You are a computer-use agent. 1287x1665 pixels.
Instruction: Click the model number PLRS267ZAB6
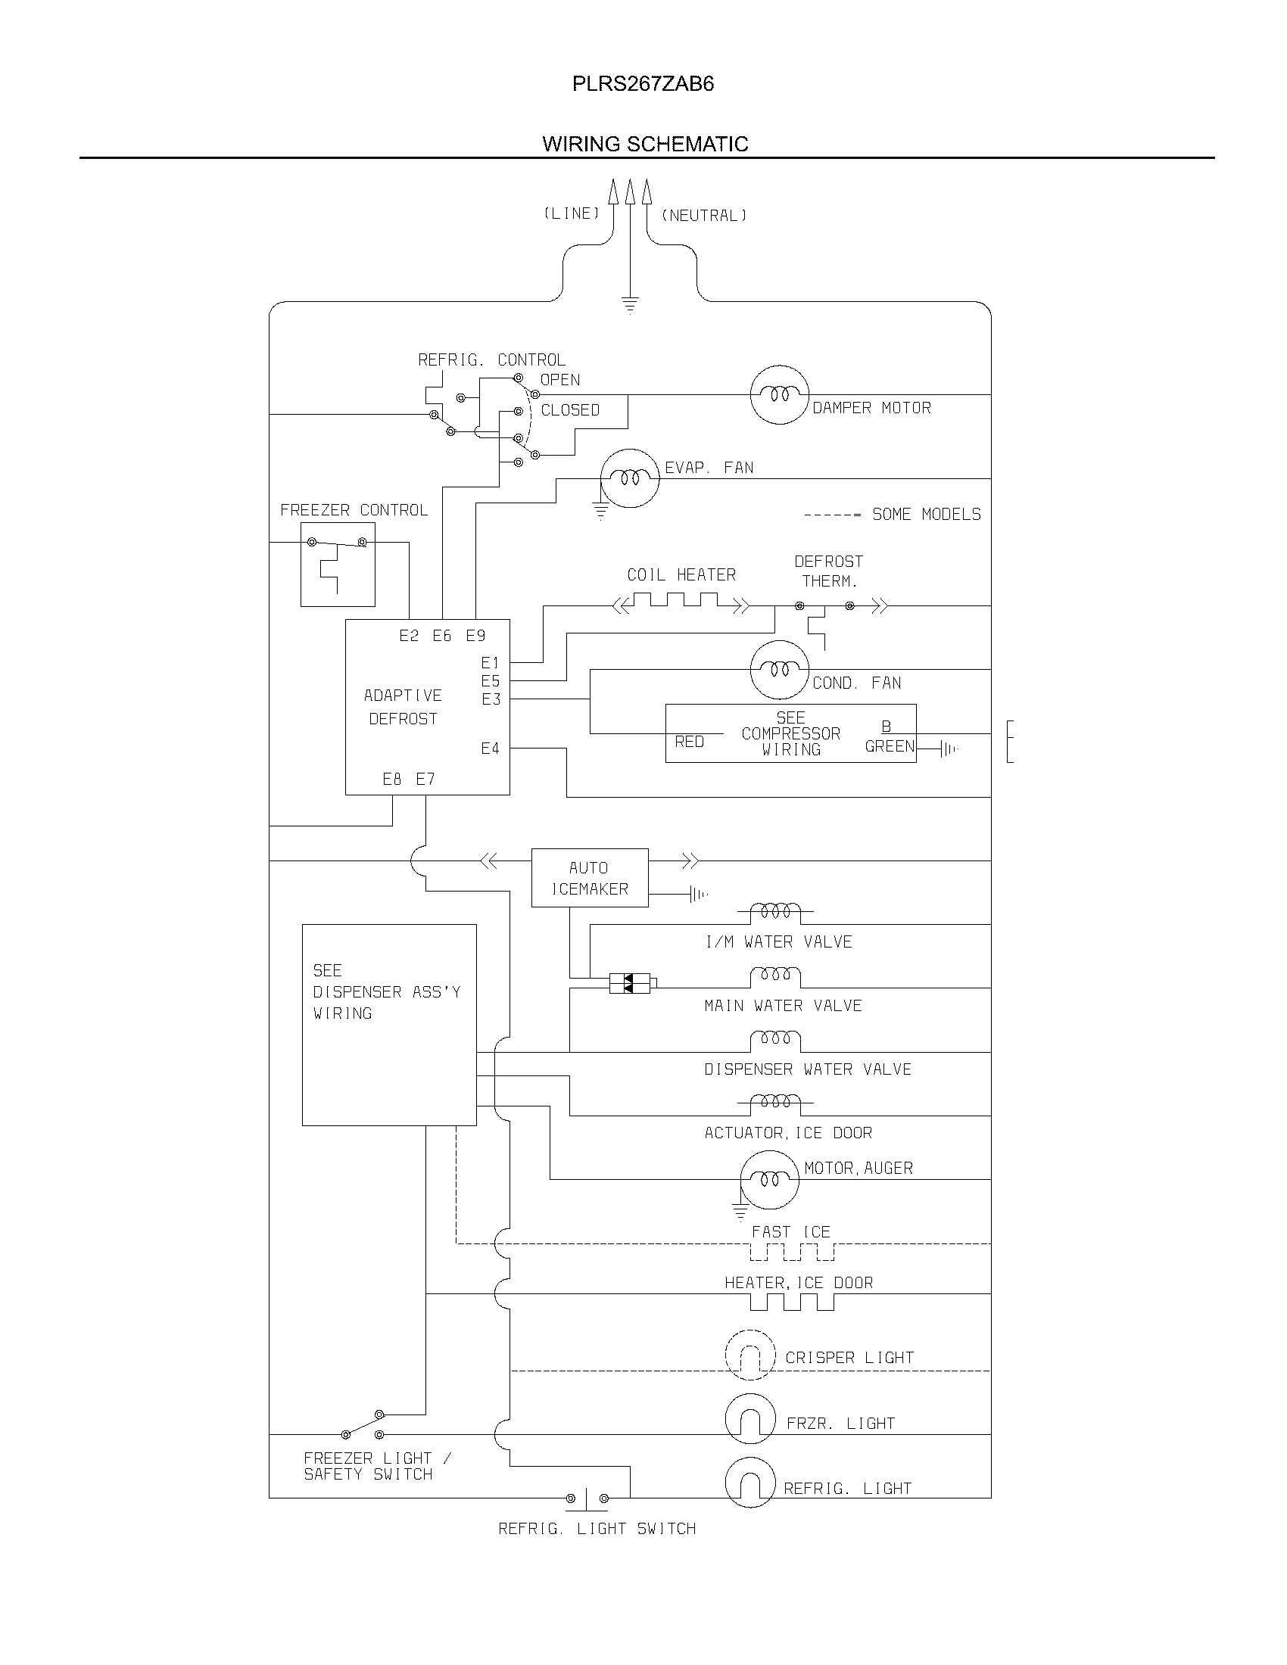click(643, 84)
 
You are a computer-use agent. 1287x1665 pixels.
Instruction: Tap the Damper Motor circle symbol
click(778, 395)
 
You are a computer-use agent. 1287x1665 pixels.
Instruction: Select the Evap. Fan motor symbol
click(629, 479)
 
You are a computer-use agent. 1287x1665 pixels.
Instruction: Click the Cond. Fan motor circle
click(778, 670)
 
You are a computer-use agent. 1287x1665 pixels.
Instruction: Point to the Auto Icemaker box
click(589, 877)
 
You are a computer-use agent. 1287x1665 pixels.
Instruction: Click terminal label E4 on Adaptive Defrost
click(490, 748)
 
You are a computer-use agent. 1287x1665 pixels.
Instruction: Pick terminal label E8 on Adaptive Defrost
click(392, 779)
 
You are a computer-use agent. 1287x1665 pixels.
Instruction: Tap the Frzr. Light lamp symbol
click(749, 1420)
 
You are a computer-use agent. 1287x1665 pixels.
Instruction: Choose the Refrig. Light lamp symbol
click(749, 1483)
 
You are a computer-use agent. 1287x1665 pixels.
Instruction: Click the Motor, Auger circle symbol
click(769, 1179)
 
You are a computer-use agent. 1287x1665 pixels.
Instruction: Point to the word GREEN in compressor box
click(889, 746)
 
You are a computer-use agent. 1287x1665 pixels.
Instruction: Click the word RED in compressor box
click(689, 742)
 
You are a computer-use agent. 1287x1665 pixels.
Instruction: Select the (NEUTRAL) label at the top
click(704, 216)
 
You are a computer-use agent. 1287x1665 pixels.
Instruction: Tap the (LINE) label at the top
click(571, 214)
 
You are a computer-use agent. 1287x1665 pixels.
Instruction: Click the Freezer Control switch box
click(337, 564)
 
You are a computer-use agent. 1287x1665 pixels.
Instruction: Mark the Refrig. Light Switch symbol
click(586, 1498)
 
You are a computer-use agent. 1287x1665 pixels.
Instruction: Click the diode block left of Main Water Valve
click(629, 983)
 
